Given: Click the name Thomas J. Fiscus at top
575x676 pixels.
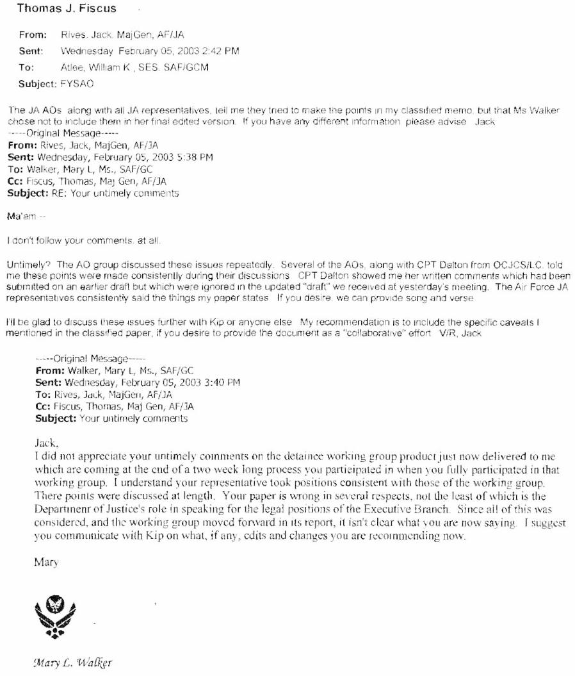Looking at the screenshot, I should [x=67, y=10].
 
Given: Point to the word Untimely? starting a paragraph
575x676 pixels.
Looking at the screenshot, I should [x=24, y=263].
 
